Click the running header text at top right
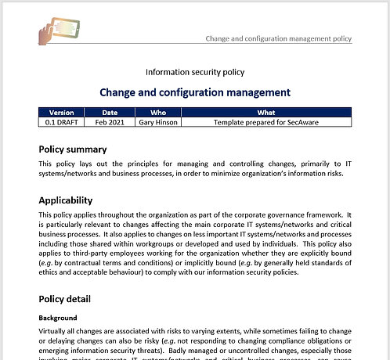(278, 38)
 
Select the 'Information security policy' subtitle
(195, 72)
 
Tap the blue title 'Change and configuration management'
(195, 92)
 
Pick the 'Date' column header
(110, 112)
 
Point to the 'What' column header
(266, 112)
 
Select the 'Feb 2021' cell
(110, 121)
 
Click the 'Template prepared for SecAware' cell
(266, 121)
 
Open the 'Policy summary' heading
(84, 149)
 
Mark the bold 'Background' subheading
(58, 319)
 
